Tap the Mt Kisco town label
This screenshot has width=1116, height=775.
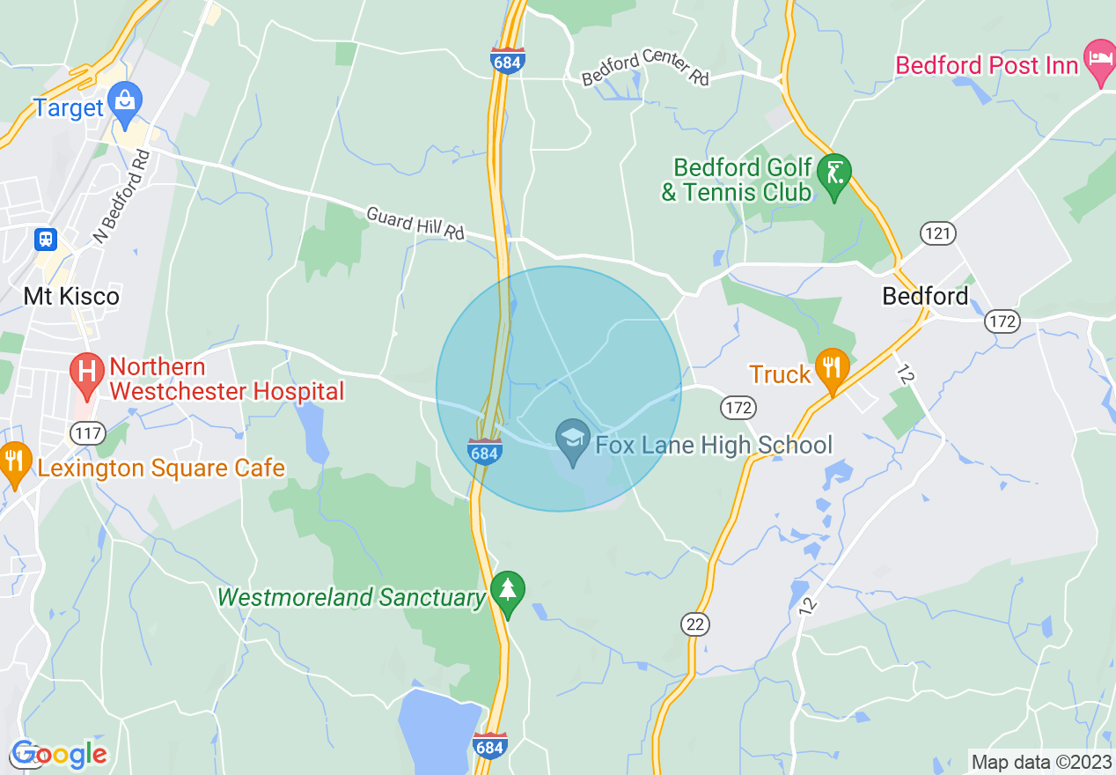(71, 296)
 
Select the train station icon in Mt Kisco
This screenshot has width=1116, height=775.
(46, 239)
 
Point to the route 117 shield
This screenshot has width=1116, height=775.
(90, 432)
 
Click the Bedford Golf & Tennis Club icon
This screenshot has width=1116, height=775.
(833, 173)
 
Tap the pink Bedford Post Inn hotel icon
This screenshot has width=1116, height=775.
(1099, 58)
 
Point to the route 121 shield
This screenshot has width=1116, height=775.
(938, 233)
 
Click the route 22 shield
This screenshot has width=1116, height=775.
(695, 624)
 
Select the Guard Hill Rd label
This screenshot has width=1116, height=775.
(415, 223)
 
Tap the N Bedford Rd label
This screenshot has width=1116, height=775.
(123, 197)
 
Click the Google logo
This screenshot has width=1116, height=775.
(59, 755)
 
